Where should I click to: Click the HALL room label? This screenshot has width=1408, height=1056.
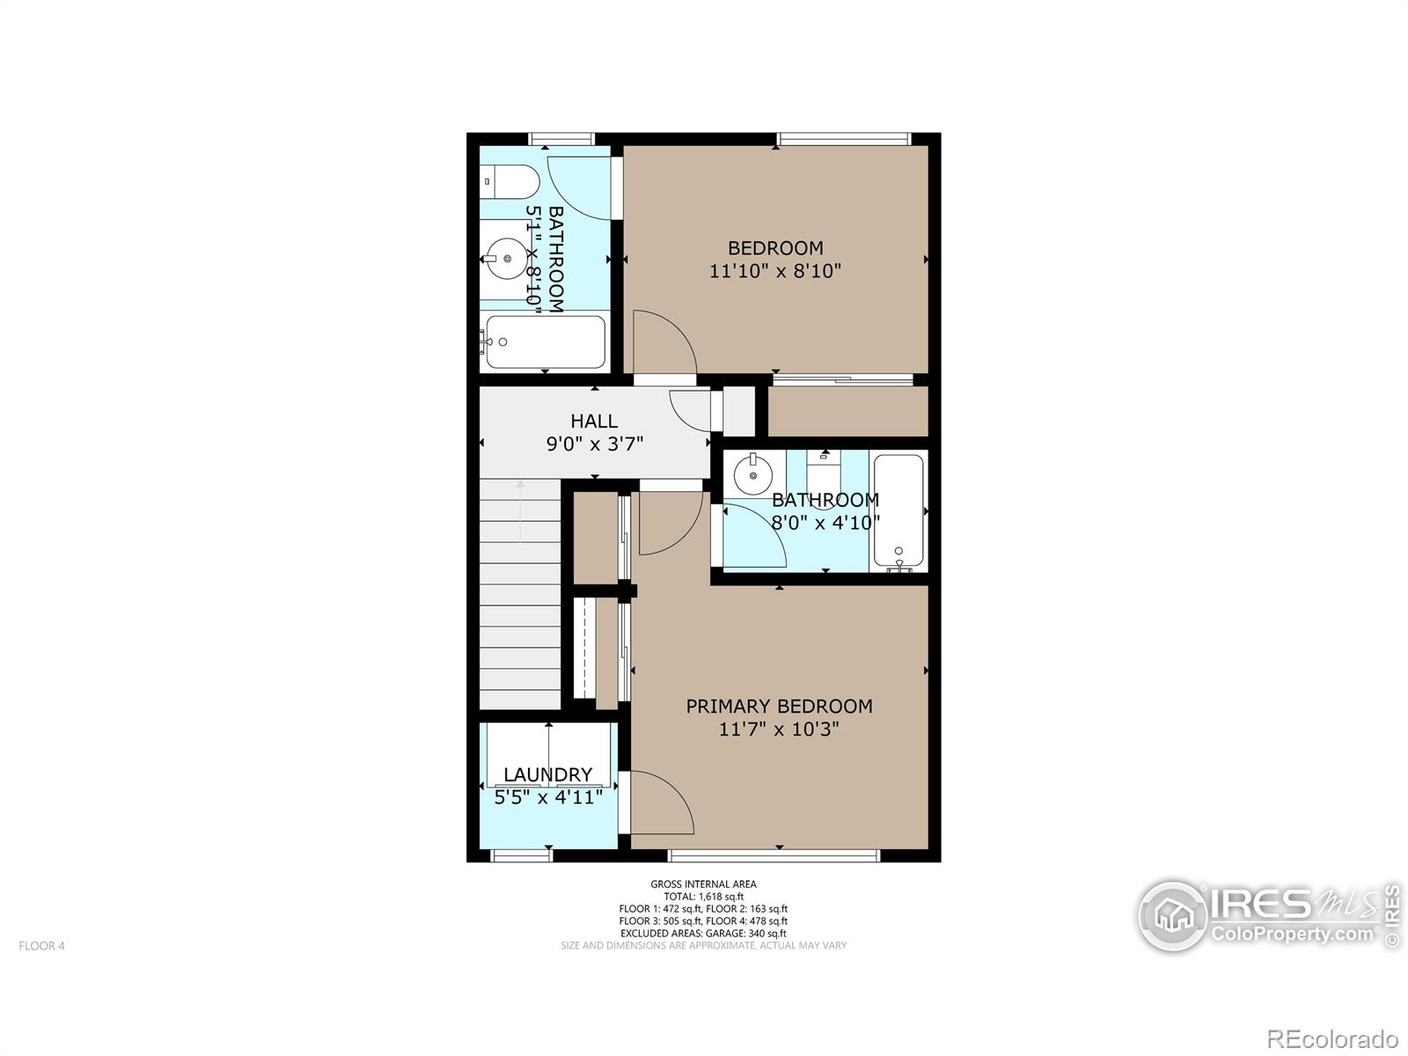[x=594, y=422]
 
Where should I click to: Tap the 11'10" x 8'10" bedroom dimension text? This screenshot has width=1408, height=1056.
[x=775, y=271]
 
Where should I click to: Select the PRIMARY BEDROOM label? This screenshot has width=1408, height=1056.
[x=780, y=707]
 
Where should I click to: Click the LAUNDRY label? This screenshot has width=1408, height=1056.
[x=548, y=774]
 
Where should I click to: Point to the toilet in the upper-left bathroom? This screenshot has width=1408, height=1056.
[x=510, y=181]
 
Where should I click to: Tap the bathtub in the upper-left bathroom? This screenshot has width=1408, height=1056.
[x=546, y=341]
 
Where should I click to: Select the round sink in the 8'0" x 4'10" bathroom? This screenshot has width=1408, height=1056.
[x=753, y=475]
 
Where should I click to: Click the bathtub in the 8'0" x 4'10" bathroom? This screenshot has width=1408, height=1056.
[x=898, y=512]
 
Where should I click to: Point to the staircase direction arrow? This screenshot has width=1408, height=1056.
[x=520, y=511]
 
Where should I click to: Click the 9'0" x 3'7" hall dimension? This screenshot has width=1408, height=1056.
[x=595, y=444]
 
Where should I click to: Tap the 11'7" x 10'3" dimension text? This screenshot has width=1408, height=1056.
[x=779, y=729]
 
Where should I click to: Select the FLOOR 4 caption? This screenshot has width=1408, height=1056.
[x=41, y=946]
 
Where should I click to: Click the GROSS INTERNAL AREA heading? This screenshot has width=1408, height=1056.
[x=704, y=884]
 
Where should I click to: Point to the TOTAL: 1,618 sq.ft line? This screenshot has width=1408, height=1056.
[x=704, y=897]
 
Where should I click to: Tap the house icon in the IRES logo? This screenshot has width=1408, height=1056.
[x=1173, y=916]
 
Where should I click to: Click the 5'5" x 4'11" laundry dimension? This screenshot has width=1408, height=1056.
[x=548, y=797]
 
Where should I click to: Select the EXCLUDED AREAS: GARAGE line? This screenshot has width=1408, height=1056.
[x=704, y=934]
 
